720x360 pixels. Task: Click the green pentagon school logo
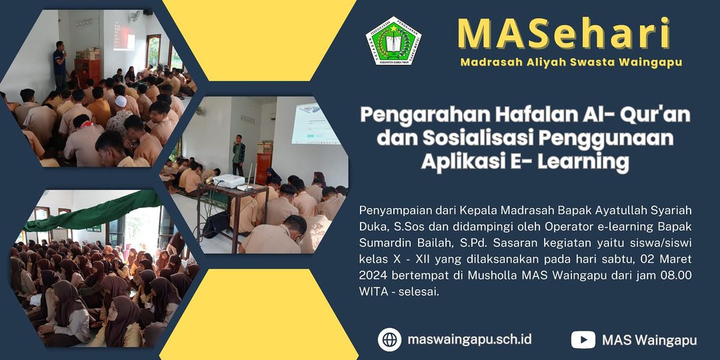[393, 41]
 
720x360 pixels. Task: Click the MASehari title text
[564, 33]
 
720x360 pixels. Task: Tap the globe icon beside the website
[389, 339]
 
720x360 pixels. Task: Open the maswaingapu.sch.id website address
[469, 339]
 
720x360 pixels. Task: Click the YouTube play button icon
[583, 340]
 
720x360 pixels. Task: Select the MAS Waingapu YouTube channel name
[649, 340]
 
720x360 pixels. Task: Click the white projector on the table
[229, 181]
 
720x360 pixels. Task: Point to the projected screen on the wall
[315, 123]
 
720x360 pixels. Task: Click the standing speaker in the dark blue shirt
[60, 65]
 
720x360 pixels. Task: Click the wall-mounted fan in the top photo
[134, 17]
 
